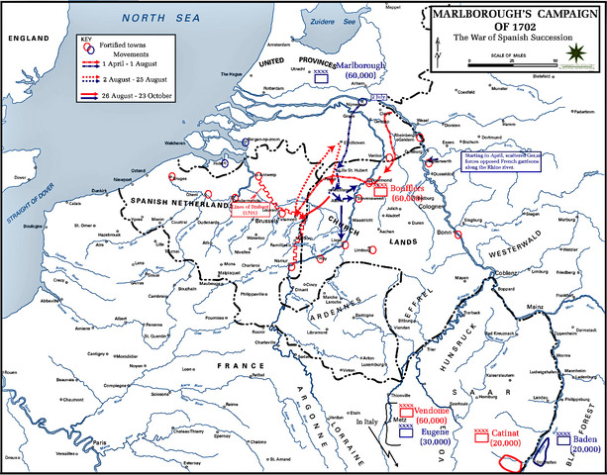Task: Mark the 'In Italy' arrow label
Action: click(367, 425)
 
